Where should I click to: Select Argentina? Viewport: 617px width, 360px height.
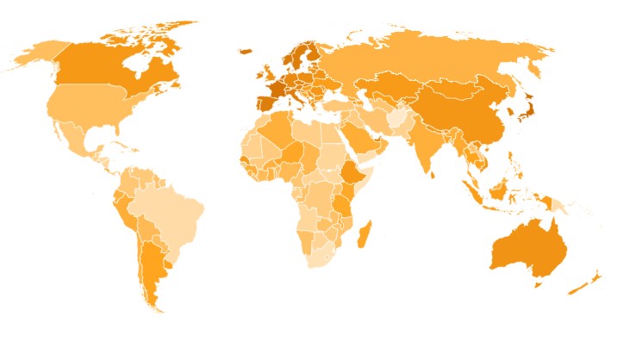click(153, 267)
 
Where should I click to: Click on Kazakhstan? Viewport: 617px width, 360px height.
click(392, 86)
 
